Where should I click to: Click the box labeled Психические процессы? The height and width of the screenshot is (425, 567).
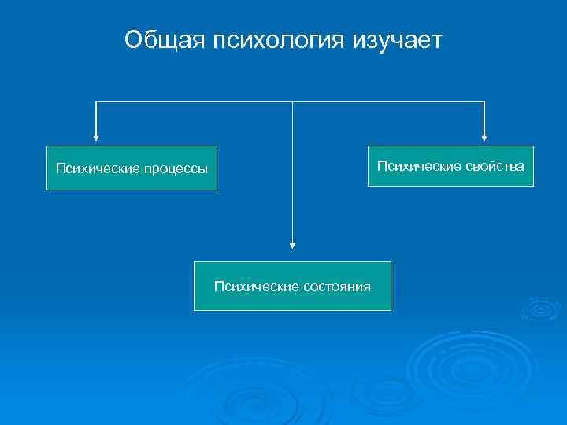click(x=132, y=168)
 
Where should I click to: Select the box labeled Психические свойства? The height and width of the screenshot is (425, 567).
click(x=450, y=165)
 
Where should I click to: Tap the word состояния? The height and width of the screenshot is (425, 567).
click(x=337, y=286)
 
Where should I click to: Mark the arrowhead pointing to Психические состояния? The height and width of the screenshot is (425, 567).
click(x=292, y=245)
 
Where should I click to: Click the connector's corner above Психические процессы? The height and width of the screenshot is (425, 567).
click(x=96, y=102)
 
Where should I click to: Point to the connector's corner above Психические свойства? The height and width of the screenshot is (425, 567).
click(x=484, y=102)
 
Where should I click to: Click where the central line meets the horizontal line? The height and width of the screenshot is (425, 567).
click(x=292, y=102)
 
